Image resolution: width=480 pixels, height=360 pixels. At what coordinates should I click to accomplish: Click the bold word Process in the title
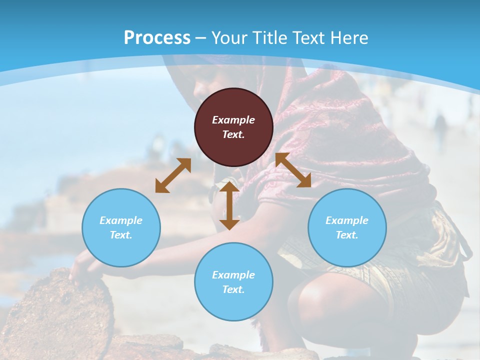tap(157, 38)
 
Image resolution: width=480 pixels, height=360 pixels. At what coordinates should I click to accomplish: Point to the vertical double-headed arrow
tap(229, 205)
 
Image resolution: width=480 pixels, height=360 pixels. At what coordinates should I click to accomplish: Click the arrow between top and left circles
tap(173, 175)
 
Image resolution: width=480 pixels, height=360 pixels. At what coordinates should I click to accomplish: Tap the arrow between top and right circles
tap(293, 170)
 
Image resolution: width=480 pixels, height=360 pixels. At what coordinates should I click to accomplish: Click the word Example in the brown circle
tap(233, 120)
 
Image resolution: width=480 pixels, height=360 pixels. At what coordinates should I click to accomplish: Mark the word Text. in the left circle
tap(121, 235)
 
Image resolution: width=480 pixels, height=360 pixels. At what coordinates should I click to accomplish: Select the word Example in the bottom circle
tap(233, 274)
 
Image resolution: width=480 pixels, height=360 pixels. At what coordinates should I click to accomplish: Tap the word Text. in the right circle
tap(347, 235)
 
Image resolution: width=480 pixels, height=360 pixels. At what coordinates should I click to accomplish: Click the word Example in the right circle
tap(347, 220)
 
